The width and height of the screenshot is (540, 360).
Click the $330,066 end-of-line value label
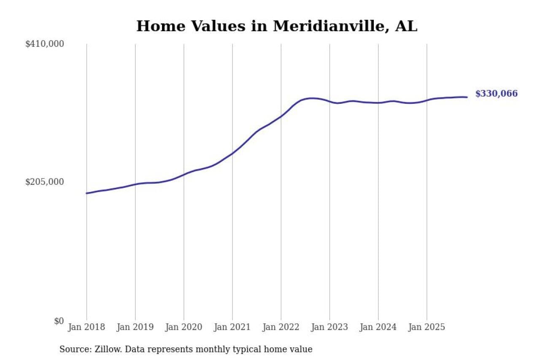(x=496, y=94)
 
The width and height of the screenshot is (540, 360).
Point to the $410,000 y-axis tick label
(x=45, y=44)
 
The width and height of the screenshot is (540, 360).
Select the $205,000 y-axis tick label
(x=45, y=182)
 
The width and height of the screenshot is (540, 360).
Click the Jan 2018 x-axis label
(x=86, y=328)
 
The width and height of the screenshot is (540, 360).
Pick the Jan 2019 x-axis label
(x=135, y=328)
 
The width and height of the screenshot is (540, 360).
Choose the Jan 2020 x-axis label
(x=184, y=328)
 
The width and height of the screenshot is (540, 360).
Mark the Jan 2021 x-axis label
(x=232, y=328)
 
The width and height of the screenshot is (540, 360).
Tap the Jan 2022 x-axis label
(x=281, y=328)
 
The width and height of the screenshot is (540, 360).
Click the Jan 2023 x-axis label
(x=329, y=328)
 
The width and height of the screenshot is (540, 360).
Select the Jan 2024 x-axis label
(x=378, y=328)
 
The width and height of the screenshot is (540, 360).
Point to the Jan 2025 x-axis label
(x=427, y=328)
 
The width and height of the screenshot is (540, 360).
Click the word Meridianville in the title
(x=331, y=27)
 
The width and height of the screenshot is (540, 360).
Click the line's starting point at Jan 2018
(x=86, y=193)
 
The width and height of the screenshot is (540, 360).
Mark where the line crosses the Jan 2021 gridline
(x=232, y=153)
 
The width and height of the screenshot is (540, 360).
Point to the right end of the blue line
(x=467, y=97)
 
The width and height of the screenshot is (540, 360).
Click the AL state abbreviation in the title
(x=406, y=27)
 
